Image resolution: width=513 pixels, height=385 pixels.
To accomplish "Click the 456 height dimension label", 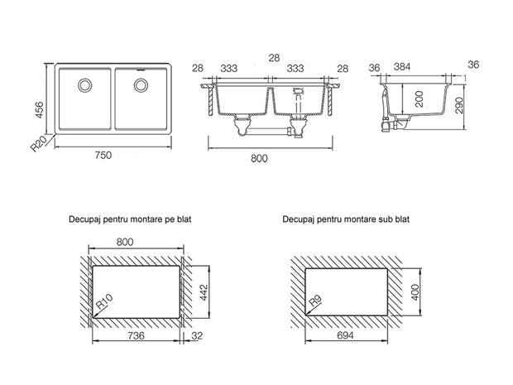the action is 39,110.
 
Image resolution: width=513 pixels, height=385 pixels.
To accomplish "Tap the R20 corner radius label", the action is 39,144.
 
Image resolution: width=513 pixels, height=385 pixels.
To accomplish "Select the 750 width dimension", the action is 103,155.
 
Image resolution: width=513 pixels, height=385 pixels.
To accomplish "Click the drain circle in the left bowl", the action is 84,85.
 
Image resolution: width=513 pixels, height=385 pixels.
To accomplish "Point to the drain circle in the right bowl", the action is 141,85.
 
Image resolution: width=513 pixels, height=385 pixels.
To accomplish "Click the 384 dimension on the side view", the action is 402,67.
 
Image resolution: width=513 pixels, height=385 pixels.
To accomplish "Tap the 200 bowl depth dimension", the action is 420,99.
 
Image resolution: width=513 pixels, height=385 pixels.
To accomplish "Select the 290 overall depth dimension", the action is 460,105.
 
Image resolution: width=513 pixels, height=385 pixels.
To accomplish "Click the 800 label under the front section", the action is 259,158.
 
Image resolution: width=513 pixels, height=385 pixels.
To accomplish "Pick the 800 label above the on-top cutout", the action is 125,242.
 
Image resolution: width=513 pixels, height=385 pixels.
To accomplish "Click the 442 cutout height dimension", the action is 204,292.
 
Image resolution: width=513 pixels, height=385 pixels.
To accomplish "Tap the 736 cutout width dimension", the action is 136,335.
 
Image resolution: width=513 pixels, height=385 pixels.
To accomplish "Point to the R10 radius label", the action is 104,302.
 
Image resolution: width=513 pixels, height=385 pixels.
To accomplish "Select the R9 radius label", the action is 316,301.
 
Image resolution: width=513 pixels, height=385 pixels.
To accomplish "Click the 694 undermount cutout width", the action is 345,335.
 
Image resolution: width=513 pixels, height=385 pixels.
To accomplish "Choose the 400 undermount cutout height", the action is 415,292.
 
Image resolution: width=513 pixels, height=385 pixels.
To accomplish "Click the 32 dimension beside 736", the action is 197,335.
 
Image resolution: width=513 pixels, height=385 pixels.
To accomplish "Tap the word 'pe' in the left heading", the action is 169,219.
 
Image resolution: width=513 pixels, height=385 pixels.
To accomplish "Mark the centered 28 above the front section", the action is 274,58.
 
